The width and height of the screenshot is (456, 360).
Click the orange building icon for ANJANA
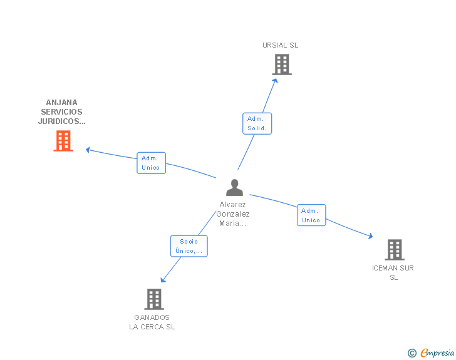[x=63, y=141]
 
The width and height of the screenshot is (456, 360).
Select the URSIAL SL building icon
[x=281, y=64]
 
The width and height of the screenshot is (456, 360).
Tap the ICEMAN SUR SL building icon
[x=394, y=250]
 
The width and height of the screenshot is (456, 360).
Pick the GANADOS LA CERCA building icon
[x=153, y=299]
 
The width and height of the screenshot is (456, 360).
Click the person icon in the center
[x=234, y=187]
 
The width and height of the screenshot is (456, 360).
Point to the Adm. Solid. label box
[x=257, y=123]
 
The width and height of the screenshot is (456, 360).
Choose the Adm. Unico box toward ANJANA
[x=151, y=163]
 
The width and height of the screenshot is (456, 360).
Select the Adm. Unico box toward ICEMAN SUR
[x=311, y=215]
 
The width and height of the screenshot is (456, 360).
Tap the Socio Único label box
[x=189, y=246]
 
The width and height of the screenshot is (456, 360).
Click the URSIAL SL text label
[x=281, y=45]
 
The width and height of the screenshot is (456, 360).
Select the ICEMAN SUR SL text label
[x=393, y=272]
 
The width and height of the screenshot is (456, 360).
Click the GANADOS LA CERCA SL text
[x=152, y=322]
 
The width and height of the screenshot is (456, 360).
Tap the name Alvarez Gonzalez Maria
[x=233, y=214]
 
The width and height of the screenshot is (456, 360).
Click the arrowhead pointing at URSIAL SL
[x=275, y=79]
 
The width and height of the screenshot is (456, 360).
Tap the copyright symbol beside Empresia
[x=412, y=354]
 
